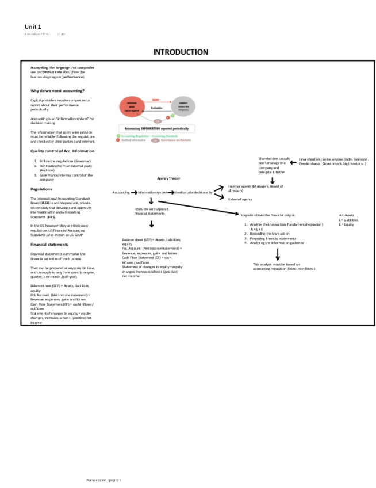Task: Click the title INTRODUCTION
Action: [180, 52]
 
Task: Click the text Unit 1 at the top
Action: [33, 26]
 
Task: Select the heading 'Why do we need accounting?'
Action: [57, 91]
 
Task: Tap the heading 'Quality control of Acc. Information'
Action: [62, 151]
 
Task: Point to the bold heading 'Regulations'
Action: [41, 189]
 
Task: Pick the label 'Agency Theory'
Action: [168, 178]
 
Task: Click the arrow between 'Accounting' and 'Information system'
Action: [134, 192]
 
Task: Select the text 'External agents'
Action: [240, 199]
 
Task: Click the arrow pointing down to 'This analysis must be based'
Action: [278, 254]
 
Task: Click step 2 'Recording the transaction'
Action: [269, 234]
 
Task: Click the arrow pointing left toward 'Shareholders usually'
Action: [293, 162]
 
